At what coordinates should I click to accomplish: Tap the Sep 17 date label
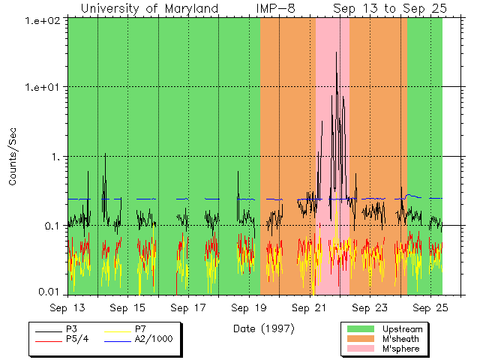coord(188,307)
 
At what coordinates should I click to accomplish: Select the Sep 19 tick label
coord(249,307)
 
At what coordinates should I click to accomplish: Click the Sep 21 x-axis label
coord(309,307)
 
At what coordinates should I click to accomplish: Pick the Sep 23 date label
coord(370,307)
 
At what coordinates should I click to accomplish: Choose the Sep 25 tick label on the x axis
coord(430,307)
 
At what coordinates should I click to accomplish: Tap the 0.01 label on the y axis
coord(51,291)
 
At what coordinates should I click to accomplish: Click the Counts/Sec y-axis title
coord(13,157)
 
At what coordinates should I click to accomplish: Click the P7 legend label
coord(140,329)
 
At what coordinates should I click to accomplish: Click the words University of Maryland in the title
coord(149,8)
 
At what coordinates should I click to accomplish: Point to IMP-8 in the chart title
coord(275,8)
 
